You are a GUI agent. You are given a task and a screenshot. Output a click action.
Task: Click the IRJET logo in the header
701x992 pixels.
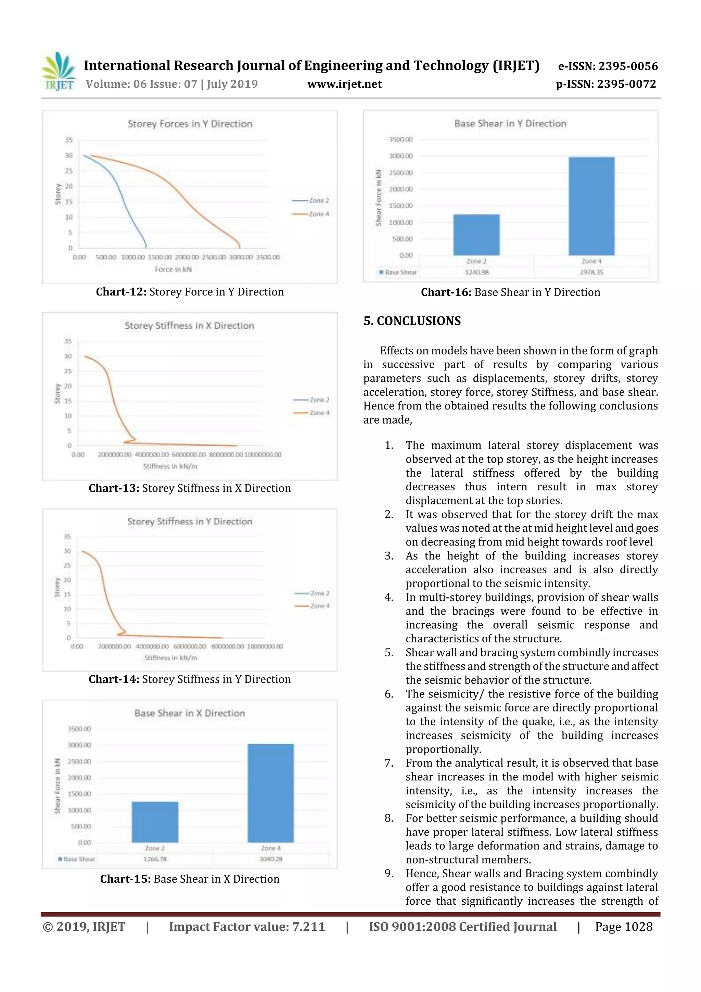click(x=59, y=72)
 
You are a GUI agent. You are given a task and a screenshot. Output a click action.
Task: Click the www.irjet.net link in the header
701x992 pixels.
click(x=344, y=84)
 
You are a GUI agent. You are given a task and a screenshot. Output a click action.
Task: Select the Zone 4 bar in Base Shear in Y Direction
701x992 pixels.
click(x=591, y=206)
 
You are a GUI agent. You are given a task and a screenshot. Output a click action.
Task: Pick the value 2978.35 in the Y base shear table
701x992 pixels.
click(x=591, y=272)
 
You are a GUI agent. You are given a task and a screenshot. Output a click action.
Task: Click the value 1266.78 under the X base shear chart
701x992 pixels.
click(x=155, y=859)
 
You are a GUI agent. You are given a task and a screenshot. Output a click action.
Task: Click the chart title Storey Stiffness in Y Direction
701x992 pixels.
click(x=190, y=522)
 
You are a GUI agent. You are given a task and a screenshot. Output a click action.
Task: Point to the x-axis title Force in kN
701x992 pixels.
click(x=173, y=269)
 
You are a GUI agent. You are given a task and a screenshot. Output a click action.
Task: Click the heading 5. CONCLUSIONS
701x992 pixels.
click(x=412, y=321)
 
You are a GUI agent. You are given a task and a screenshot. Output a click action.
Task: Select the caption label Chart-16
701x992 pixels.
click(x=446, y=292)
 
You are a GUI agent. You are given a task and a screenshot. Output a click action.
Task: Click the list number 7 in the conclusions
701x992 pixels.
click(x=389, y=763)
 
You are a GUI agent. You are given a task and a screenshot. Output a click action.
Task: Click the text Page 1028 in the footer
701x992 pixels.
click(x=623, y=927)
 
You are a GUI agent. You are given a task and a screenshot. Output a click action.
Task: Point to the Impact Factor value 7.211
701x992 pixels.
click(x=308, y=927)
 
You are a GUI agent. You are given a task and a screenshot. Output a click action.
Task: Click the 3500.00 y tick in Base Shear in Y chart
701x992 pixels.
click(x=400, y=140)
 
